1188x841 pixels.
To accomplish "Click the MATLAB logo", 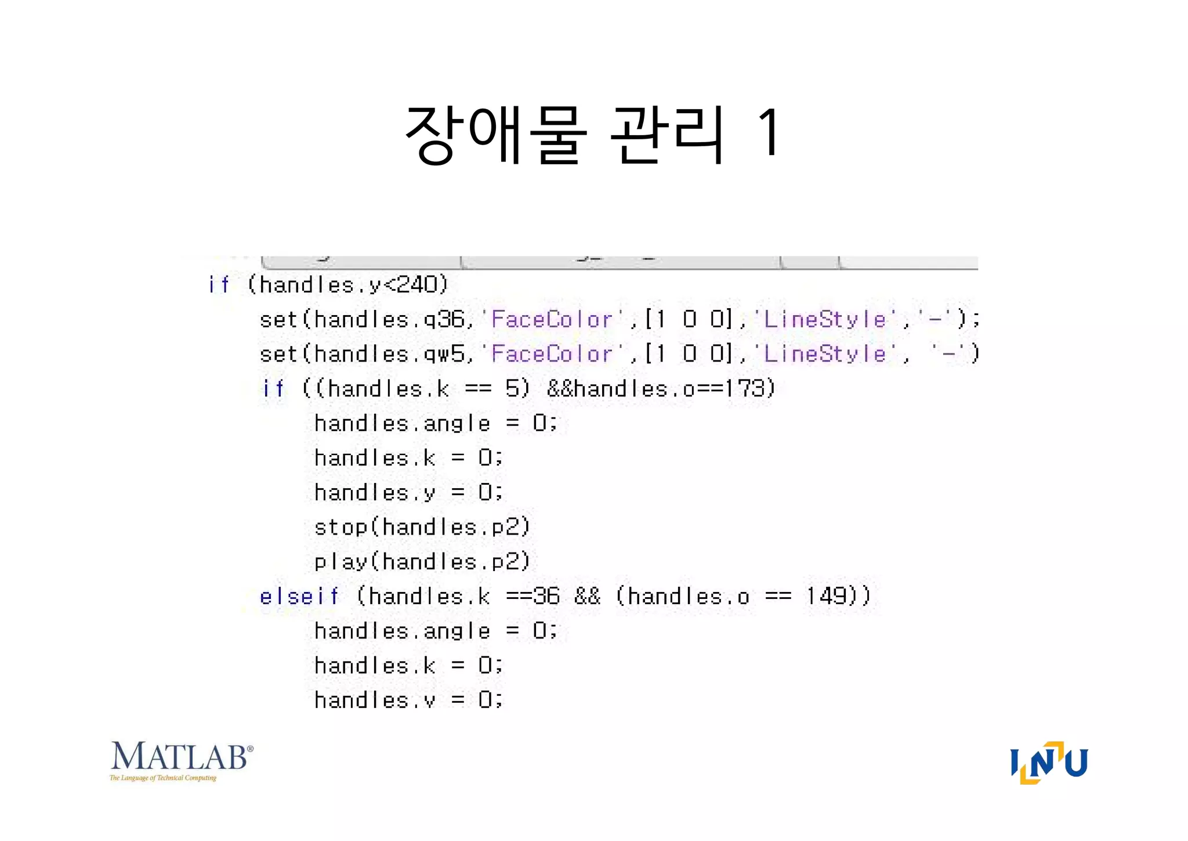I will click(181, 757).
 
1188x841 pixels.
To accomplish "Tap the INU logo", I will click(1049, 762).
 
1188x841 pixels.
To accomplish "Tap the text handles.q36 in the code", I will click(390, 319).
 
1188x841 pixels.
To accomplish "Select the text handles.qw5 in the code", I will click(390, 354).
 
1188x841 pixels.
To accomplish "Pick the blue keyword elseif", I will click(299, 596).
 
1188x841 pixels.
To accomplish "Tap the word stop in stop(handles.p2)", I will click(341, 527).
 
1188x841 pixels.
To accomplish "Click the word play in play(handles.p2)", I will click(341, 562).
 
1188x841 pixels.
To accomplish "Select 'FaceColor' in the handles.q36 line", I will click(552, 319).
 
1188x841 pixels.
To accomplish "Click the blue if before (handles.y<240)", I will click(219, 284).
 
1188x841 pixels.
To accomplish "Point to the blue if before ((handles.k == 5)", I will click(273, 388).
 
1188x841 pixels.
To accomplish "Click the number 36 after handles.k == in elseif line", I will click(546, 596).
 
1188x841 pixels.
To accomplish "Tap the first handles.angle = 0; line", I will click(435, 423).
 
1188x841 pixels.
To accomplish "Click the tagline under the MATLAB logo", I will click(163, 778).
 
